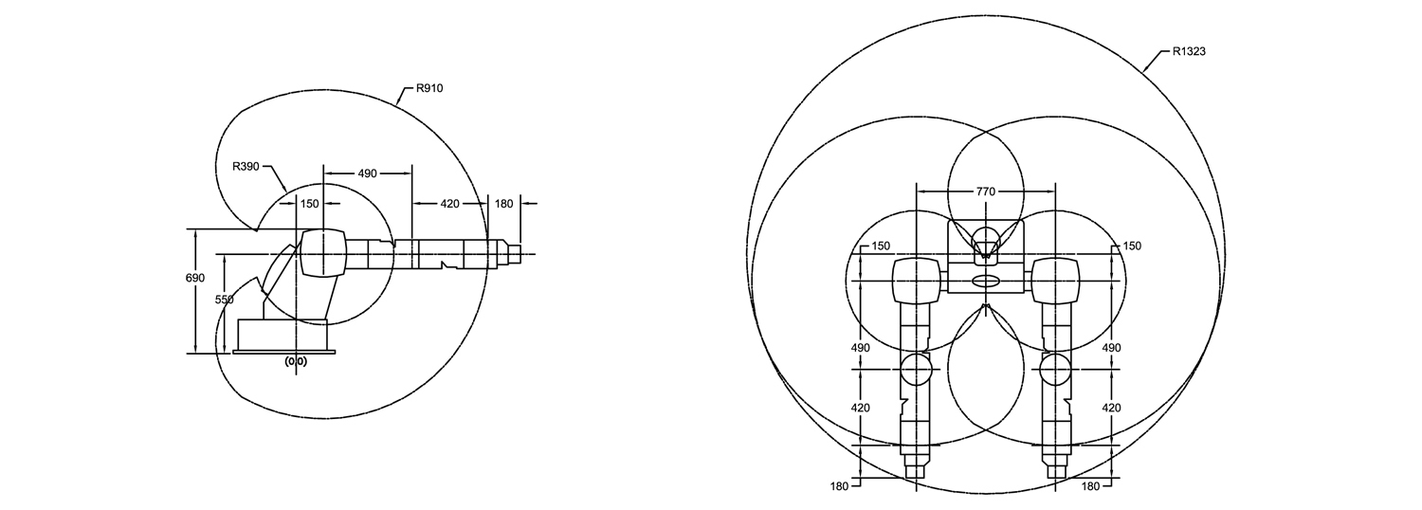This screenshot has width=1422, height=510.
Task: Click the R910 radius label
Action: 429,88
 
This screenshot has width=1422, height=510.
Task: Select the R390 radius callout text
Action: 246,167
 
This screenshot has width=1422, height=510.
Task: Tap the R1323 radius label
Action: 1189,51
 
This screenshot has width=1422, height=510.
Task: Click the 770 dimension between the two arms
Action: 986,191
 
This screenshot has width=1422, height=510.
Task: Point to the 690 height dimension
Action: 195,278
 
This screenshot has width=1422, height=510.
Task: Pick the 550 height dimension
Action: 224,300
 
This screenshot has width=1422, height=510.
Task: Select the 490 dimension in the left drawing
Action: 368,173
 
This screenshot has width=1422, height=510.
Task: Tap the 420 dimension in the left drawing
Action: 449,204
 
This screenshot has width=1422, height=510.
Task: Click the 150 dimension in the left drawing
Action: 310,204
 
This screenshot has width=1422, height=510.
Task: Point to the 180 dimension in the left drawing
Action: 503,204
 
